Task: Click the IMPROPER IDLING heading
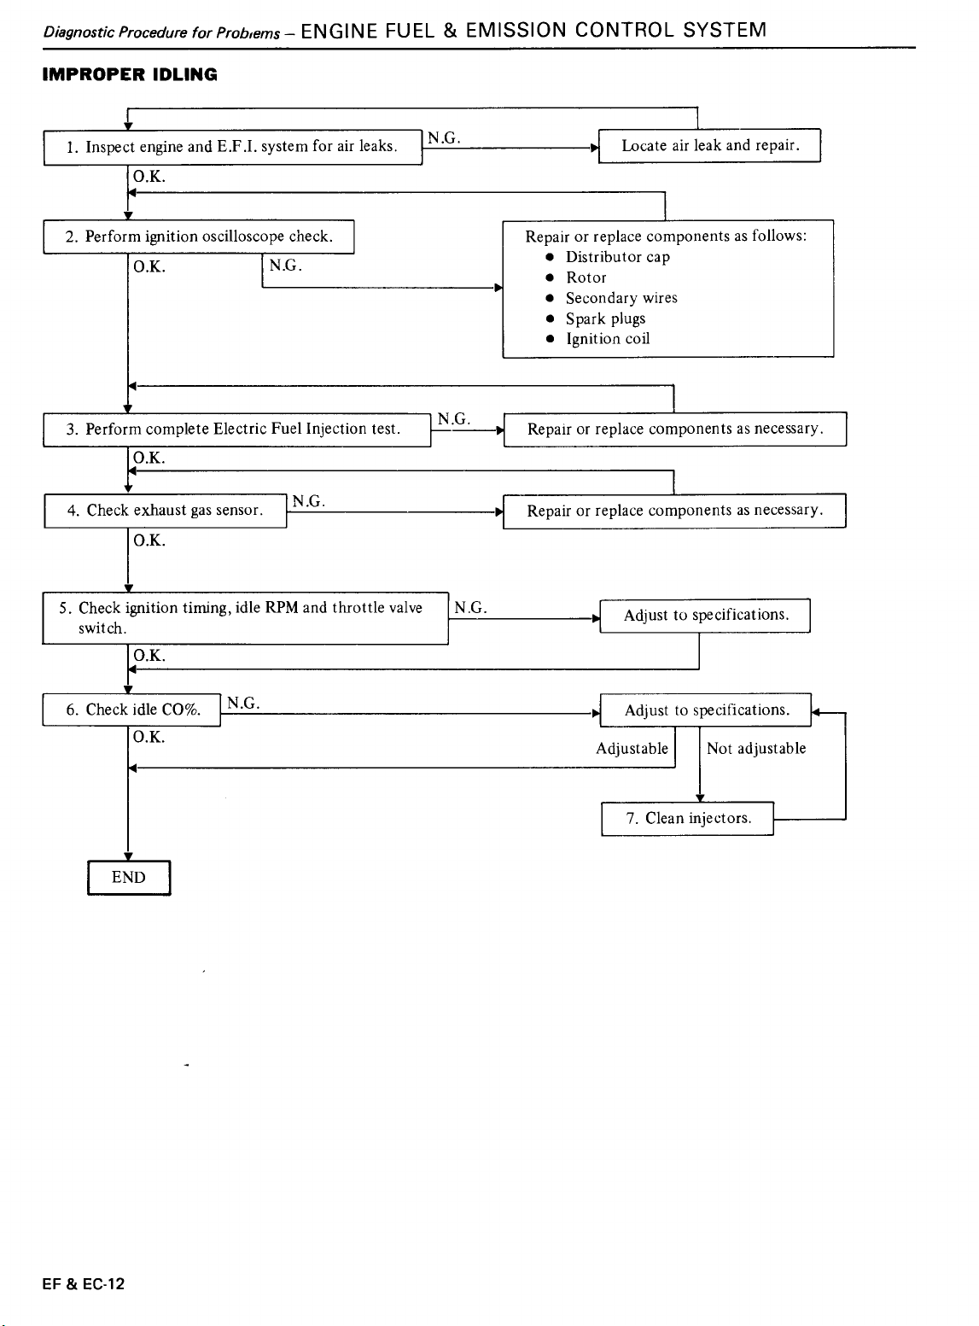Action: click(130, 75)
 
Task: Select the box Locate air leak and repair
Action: click(709, 145)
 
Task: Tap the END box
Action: click(129, 878)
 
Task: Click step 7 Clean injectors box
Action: click(687, 819)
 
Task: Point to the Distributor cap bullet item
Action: click(617, 257)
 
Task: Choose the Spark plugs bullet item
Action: click(605, 318)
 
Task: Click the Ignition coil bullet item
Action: click(607, 339)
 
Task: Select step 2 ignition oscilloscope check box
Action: click(198, 237)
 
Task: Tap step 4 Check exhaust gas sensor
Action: click(166, 511)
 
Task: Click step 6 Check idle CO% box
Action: click(131, 710)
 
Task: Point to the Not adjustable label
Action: click(756, 749)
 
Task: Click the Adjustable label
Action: click(632, 749)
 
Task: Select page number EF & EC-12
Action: click(83, 1284)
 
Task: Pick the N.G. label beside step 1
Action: click(444, 138)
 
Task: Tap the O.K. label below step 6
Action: click(149, 737)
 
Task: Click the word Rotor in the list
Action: click(586, 277)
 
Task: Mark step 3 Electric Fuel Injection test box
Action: click(237, 429)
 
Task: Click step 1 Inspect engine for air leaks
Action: click(233, 147)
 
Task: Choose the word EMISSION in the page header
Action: click(516, 30)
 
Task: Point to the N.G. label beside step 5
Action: click(470, 608)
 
